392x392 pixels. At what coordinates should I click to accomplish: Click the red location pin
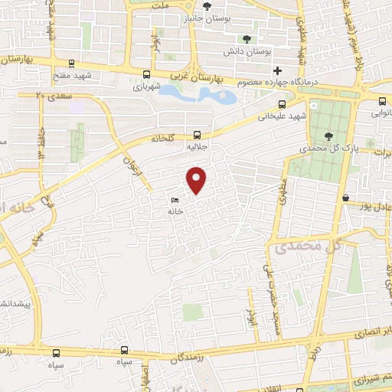pos(198,180)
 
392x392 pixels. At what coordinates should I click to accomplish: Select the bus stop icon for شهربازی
pos(146,74)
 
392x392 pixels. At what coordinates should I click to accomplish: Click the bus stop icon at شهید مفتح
pos(71,64)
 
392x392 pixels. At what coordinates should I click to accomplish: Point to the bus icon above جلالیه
pos(197,133)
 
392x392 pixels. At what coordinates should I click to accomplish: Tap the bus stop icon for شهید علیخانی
pos(282,104)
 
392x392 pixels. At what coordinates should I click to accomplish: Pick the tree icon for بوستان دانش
pos(247,39)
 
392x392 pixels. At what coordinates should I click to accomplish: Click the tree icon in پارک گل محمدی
pos(328,136)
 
